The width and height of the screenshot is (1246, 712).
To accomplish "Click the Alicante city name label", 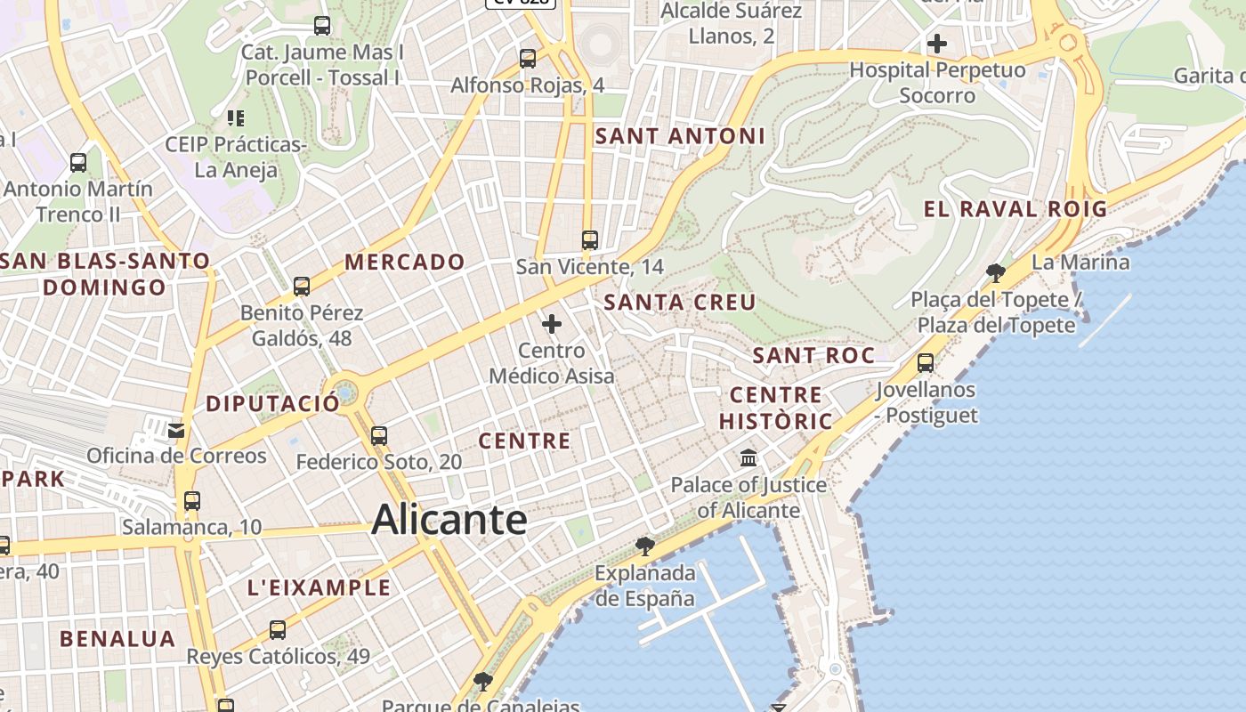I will [449, 519].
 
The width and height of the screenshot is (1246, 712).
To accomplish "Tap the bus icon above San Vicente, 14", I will [589, 239].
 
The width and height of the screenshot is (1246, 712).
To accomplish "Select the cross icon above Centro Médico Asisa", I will [552, 324].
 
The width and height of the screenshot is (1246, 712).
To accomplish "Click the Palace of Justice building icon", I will [748, 458].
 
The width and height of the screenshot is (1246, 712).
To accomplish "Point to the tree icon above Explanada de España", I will [644, 546].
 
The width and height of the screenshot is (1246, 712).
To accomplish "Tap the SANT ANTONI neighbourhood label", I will [680, 136].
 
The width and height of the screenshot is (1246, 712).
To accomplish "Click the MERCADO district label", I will [405, 262].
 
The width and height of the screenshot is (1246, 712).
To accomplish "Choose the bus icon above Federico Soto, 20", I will [379, 435].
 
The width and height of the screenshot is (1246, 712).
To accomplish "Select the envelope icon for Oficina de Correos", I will [176, 431].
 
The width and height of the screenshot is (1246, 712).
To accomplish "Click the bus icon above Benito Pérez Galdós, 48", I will [302, 287].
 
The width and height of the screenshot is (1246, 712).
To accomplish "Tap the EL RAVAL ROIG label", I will [1015, 210].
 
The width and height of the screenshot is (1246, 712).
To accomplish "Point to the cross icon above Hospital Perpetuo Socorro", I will [936, 43].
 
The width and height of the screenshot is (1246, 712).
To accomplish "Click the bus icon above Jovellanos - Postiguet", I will [926, 363].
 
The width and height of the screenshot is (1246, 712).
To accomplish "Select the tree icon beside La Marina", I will [996, 272].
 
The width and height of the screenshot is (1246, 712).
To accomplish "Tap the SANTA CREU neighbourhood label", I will [680, 303].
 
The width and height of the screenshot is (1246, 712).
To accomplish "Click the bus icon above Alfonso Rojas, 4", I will [528, 59].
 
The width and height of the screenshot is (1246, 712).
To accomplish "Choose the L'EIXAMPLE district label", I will [319, 587].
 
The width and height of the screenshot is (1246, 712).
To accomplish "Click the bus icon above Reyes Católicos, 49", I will [278, 630].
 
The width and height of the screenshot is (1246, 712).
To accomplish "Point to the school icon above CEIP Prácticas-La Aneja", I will [236, 117].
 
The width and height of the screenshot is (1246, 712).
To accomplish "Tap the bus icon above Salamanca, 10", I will [192, 500].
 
